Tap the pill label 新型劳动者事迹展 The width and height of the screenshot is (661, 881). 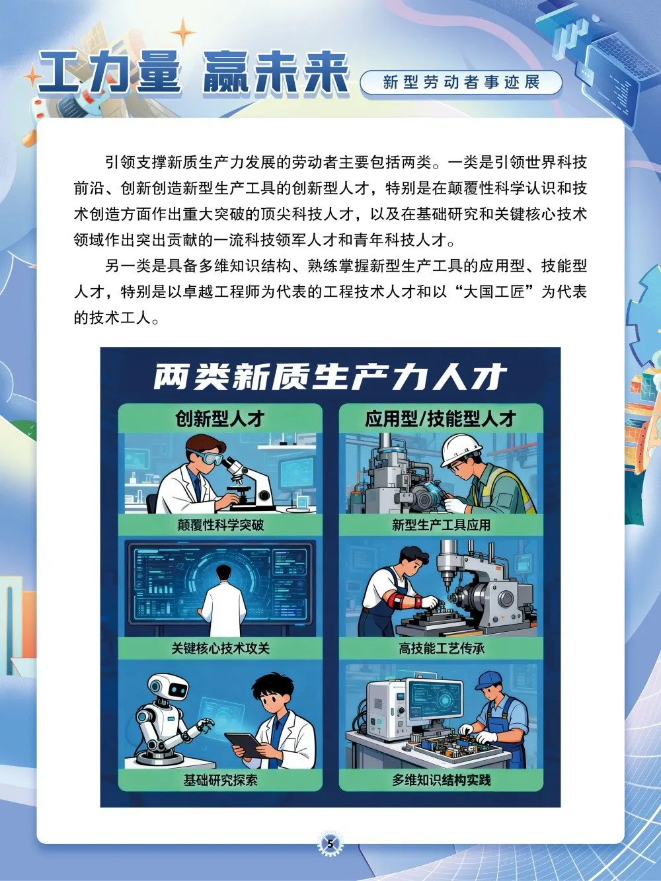tap(461, 83)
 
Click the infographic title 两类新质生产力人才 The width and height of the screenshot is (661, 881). tap(330, 377)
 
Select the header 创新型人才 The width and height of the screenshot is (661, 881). tap(220, 419)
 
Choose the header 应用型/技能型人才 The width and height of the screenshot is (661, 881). tap(441, 419)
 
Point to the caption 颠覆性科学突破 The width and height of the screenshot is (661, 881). tap(220, 525)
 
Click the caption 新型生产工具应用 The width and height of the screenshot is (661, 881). tap(441, 525)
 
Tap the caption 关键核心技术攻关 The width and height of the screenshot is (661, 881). tap(220, 648)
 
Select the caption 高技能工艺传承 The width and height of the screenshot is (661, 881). tap(441, 648)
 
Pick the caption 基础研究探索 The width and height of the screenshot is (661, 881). tap(220, 781)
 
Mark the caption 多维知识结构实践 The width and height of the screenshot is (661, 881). tap(441, 781)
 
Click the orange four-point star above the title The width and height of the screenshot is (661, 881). tap(183, 31)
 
